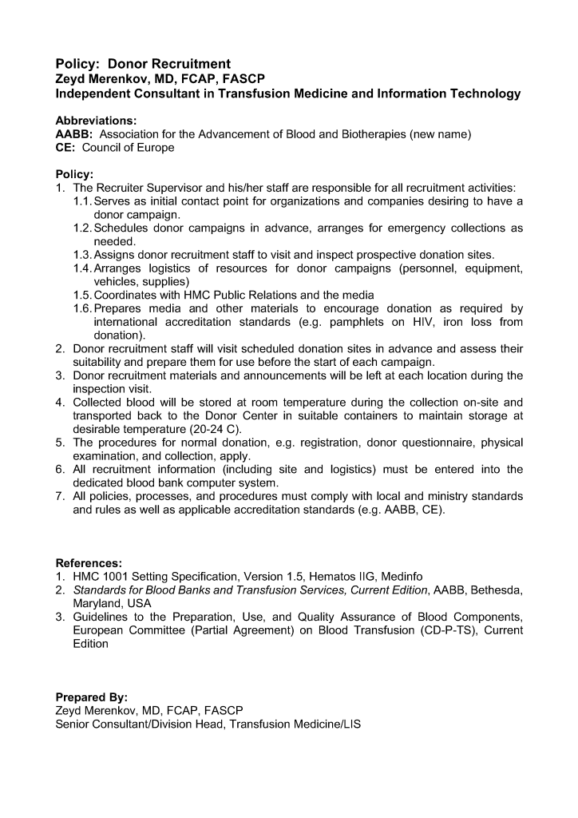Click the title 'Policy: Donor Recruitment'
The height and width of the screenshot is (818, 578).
143,64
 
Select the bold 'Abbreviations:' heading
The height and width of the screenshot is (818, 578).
96,120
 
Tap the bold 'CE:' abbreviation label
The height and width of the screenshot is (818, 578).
65,148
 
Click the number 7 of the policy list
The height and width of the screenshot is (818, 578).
60,496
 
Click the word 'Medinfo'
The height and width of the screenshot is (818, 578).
399,576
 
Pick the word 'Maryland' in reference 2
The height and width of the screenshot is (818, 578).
97,603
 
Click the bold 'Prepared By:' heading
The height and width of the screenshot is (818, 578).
91,697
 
